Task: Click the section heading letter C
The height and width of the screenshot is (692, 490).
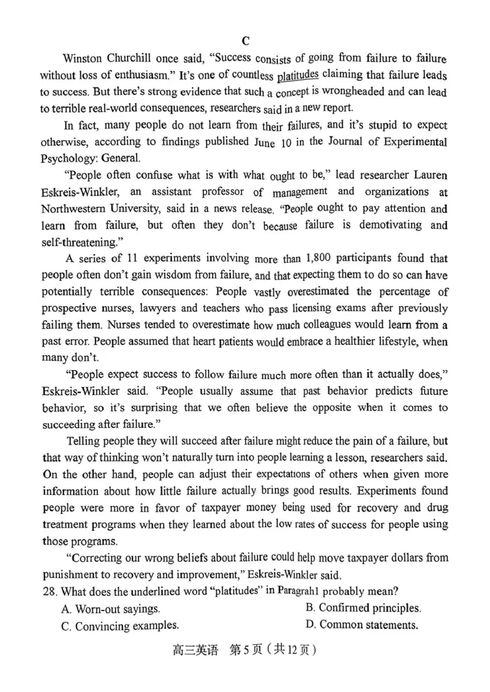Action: click(245, 41)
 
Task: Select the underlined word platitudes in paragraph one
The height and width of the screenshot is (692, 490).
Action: click(298, 76)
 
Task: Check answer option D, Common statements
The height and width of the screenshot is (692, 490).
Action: click(361, 625)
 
